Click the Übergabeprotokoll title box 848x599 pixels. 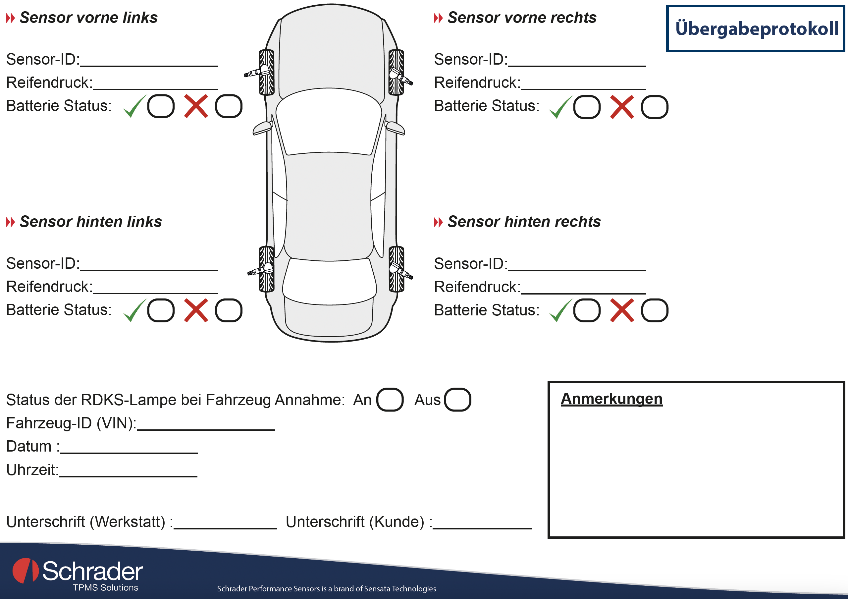pos(755,28)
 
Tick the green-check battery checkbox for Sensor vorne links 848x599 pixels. pos(161,106)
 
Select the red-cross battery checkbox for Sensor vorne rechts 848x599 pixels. pos(655,107)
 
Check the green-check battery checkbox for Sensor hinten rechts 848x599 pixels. pos(587,310)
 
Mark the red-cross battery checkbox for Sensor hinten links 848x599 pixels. pos(229,310)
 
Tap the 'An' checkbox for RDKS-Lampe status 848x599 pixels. pos(390,400)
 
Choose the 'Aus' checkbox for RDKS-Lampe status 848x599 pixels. pos(457,400)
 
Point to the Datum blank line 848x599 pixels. pos(129,453)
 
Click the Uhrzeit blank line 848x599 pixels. pos(128,476)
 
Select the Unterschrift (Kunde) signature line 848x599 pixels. pos(482,528)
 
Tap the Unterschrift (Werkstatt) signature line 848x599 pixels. pos(225,528)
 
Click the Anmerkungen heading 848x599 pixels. pos(611,399)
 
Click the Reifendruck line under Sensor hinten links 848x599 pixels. pos(155,293)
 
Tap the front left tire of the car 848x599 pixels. pos(267,72)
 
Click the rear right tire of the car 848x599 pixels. pos(396,269)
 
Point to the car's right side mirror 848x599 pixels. pos(395,128)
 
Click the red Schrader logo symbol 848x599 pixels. pos(26,571)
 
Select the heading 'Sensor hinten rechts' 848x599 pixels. pos(524,222)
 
